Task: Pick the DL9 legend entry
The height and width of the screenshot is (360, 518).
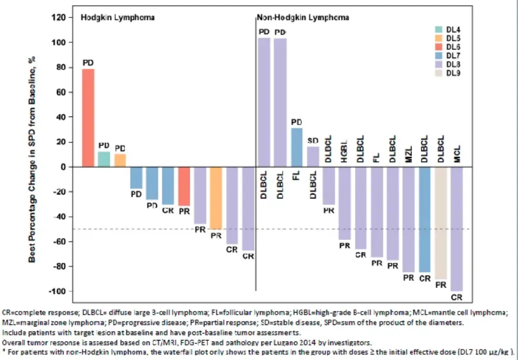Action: (x=453, y=73)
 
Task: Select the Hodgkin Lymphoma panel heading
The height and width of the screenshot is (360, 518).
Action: (x=117, y=17)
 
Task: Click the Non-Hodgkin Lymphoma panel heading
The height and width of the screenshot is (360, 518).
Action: (x=303, y=17)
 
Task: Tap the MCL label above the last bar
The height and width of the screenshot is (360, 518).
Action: (x=456, y=154)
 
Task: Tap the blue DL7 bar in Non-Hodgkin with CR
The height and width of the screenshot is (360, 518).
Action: (x=424, y=220)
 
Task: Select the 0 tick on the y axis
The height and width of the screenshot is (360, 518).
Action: (x=63, y=167)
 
